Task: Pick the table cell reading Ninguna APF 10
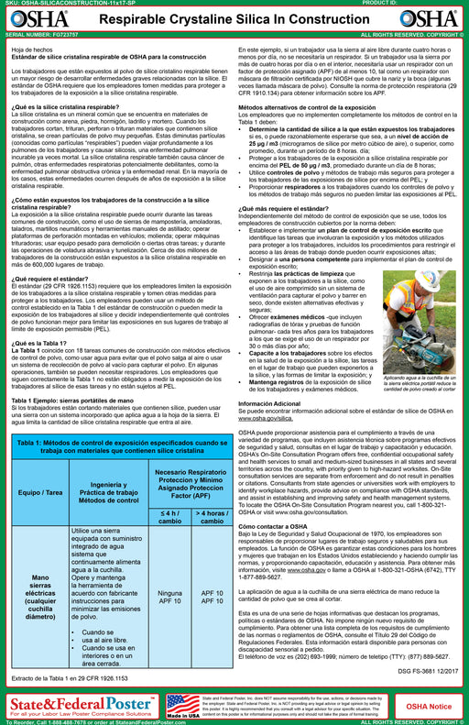tap(170, 597)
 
